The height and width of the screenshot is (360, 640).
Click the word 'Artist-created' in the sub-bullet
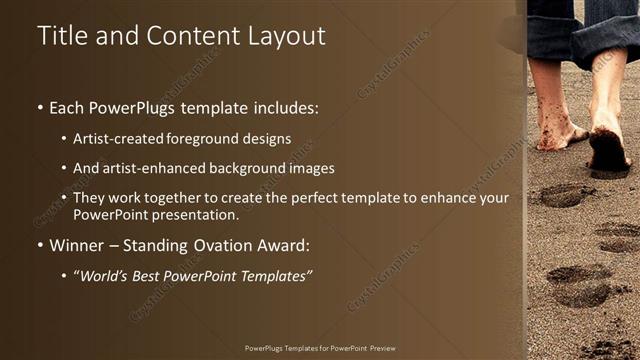[x=114, y=139]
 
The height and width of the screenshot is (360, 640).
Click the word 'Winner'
[x=76, y=245]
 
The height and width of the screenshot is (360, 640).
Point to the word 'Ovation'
[x=211, y=245]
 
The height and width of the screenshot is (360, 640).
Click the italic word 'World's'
[x=107, y=275]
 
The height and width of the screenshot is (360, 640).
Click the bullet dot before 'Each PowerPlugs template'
[x=39, y=107]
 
